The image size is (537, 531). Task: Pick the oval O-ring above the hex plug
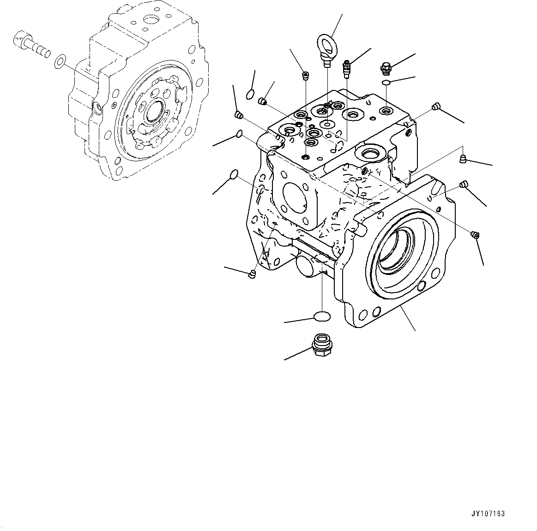coord(322,316)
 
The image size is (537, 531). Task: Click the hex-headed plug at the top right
coord(386,68)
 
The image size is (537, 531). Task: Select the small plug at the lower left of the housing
coord(252,274)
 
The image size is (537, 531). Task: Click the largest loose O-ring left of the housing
coord(234,175)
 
